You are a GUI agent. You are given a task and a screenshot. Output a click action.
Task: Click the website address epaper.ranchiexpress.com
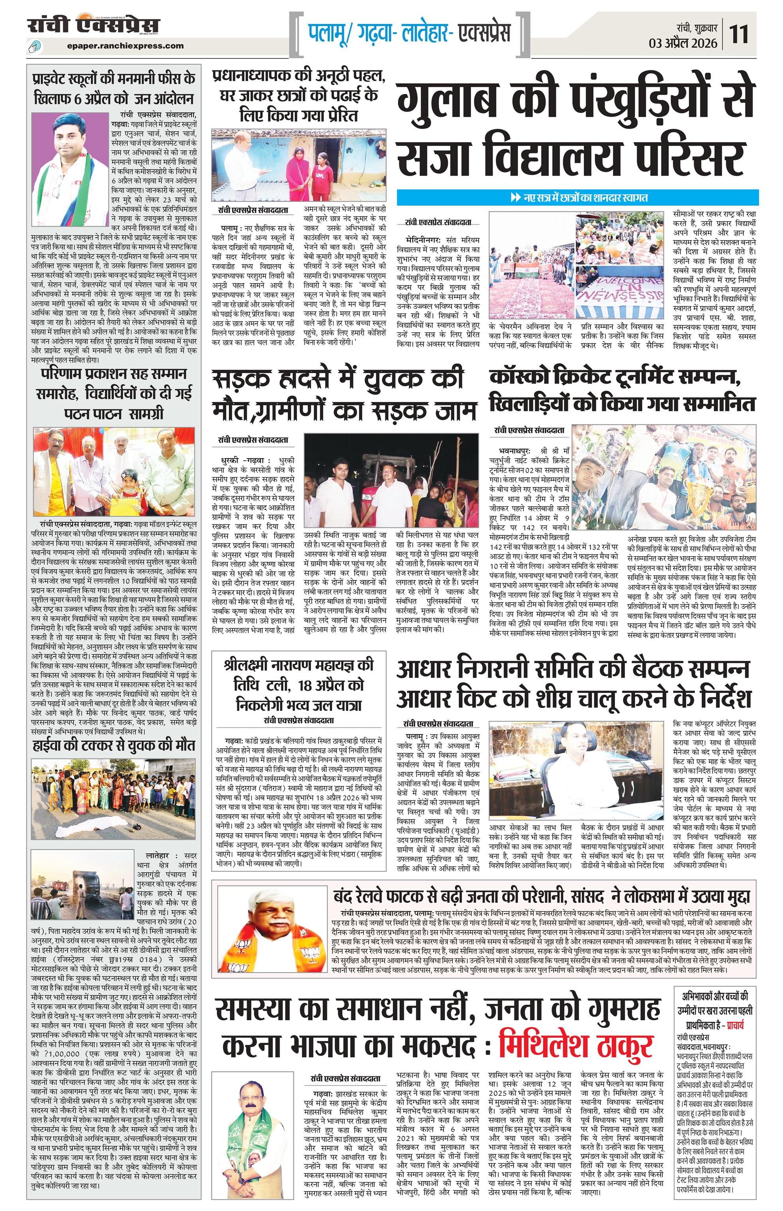click(125, 46)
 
